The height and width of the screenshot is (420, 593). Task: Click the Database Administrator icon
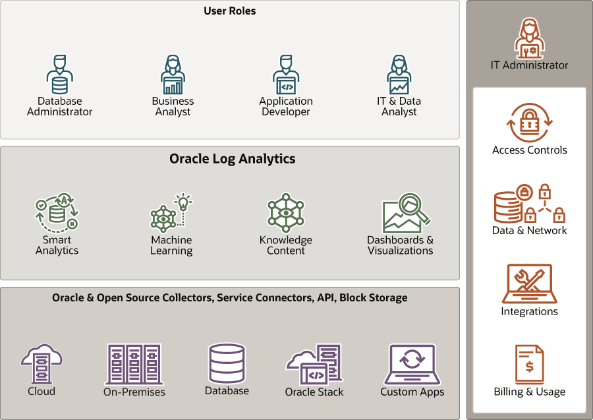point(59,75)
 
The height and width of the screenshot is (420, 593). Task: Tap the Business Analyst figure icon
point(173,75)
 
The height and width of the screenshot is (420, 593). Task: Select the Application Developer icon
point(286,75)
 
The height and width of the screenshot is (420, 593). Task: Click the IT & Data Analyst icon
point(399,75)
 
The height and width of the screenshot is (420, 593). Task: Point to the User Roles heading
point(229,11)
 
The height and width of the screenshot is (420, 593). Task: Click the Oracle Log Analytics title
point(232,159)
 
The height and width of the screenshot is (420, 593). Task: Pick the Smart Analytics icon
point(57,212)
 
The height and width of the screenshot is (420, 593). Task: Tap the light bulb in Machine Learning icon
point(183,201)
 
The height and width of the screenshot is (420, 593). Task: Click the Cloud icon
point(42,365)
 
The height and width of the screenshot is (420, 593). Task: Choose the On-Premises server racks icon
point(134,364)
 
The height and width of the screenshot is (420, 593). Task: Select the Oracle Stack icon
point(314,365)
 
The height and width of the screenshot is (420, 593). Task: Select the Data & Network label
point(529,231)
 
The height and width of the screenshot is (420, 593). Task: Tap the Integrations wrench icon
point(529,284)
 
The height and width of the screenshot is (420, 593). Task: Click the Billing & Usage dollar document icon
point(529,364)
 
